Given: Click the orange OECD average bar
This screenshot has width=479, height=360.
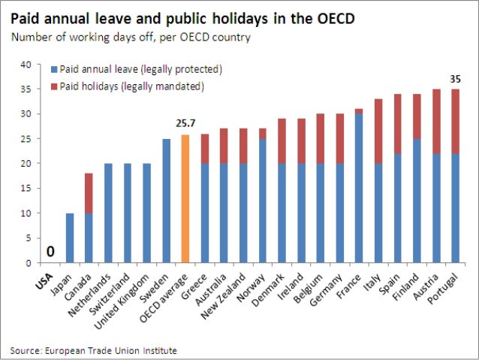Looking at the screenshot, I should point(185,199).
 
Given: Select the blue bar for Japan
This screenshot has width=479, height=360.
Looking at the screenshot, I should point(69,238).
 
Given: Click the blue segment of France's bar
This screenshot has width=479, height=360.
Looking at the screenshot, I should point(359,188).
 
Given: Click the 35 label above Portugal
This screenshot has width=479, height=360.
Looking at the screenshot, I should point(456,79).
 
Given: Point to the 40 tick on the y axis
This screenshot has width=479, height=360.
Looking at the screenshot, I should point(26,65).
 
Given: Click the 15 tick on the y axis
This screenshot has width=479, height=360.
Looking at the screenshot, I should point(26,189).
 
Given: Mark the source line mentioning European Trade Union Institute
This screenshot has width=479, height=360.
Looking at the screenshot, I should point(94,349).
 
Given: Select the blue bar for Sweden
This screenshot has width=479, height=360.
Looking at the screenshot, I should point(166,201).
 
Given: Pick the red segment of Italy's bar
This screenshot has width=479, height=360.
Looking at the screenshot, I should point(379,132).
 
